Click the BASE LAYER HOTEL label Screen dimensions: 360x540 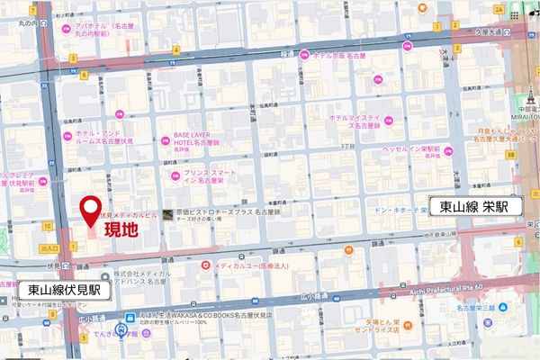click(x=197, y=139)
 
